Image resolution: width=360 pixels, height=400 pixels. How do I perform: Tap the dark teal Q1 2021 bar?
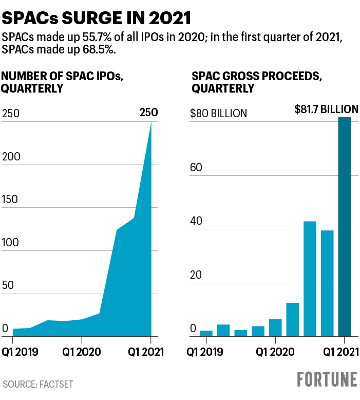click(x=345, y=227)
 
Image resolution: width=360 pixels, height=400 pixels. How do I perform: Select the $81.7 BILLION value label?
click(x=326, y=109)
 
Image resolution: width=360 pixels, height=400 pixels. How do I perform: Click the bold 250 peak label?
click(x=148, y=113)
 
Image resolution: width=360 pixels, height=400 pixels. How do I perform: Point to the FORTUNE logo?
click(x=327, y=379)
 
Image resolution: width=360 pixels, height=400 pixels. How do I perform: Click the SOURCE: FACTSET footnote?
click(x=39, y=384)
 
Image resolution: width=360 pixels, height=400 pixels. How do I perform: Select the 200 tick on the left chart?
click(x=11, y=157)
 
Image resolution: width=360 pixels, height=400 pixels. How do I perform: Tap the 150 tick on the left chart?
click(x=11, y=200)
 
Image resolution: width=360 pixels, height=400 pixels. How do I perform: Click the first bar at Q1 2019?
click(x=206, y=333)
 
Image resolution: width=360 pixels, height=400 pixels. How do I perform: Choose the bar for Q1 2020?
click(x=275, y=328)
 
